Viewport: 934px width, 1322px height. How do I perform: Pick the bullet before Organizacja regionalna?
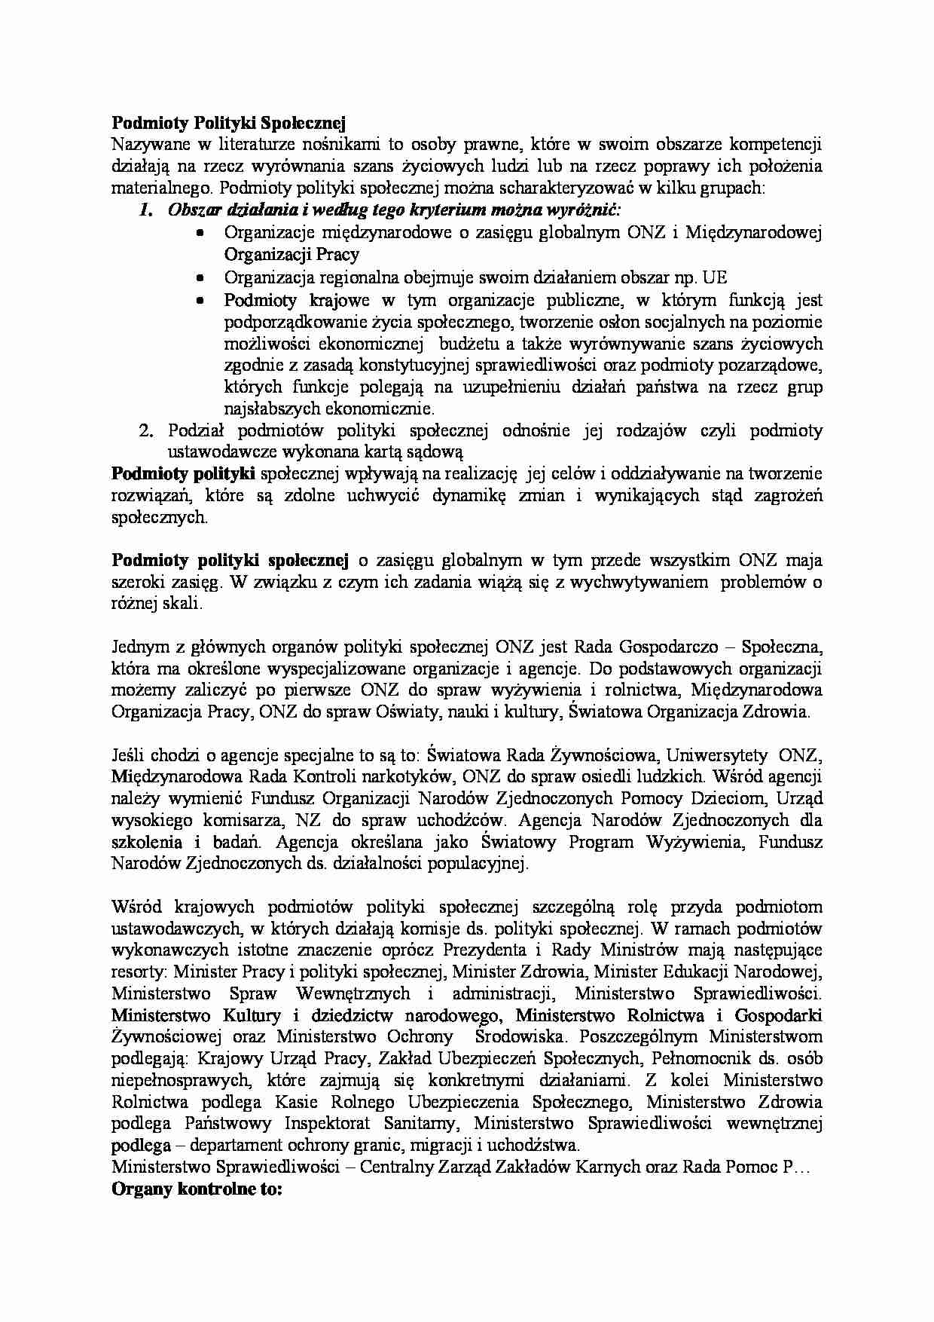[200, 278]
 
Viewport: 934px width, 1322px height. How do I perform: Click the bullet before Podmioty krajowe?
[200, 300]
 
